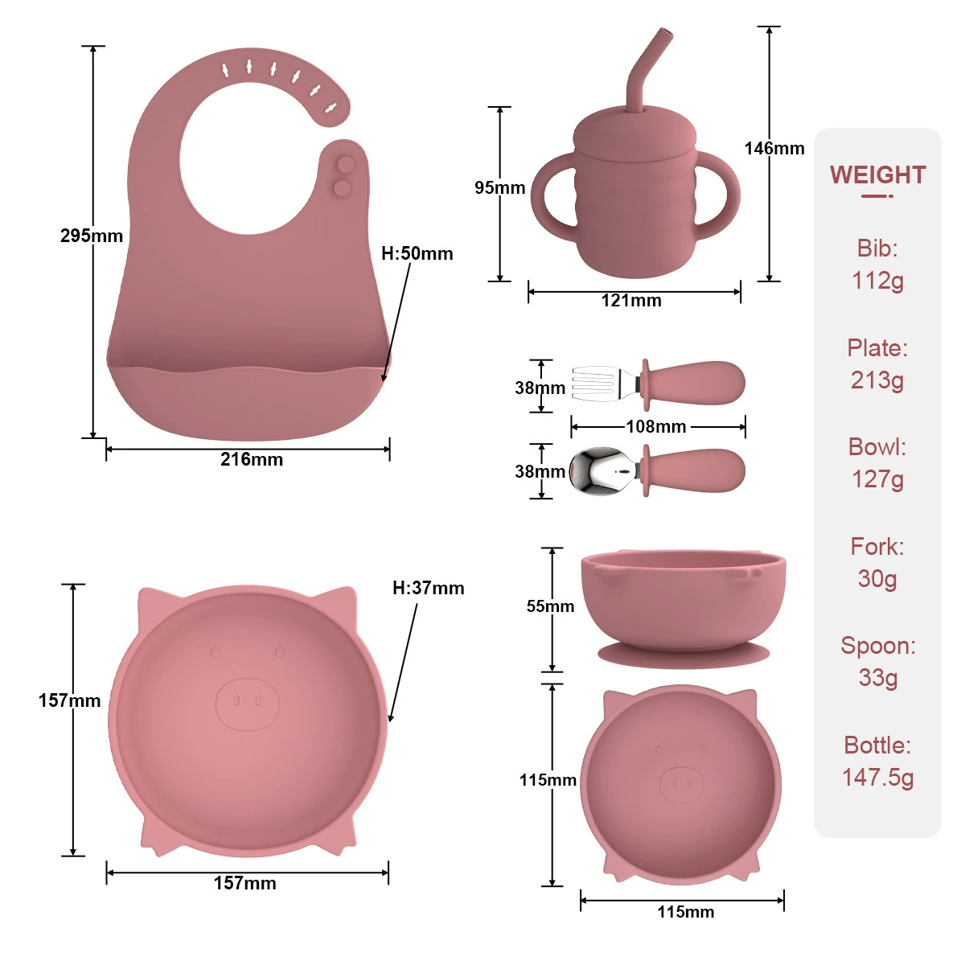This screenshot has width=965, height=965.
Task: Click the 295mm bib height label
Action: [92, 236]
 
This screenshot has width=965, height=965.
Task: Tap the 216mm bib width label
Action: [252, 459]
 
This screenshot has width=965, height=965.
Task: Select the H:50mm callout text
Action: [417, 253]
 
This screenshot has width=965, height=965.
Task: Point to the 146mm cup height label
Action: [774, 148]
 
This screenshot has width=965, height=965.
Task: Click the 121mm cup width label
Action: [631, 301]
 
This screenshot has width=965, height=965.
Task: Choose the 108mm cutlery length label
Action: [656, 427]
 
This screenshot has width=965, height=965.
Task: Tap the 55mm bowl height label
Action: [550, 606]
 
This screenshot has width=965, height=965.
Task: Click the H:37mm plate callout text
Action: [428, 588]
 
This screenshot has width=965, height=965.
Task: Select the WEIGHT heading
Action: [877, 175]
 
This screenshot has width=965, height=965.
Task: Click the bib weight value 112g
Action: [877, 281]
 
